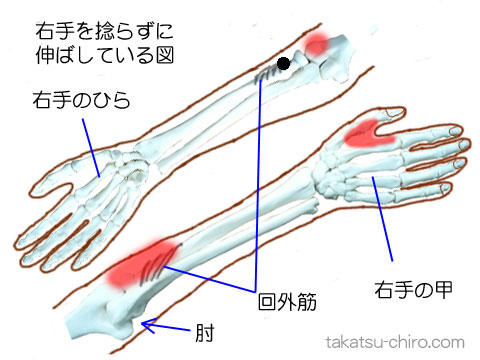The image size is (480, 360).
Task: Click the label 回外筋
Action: [287, 300]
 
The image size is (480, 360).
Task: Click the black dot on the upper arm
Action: [284, 64]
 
